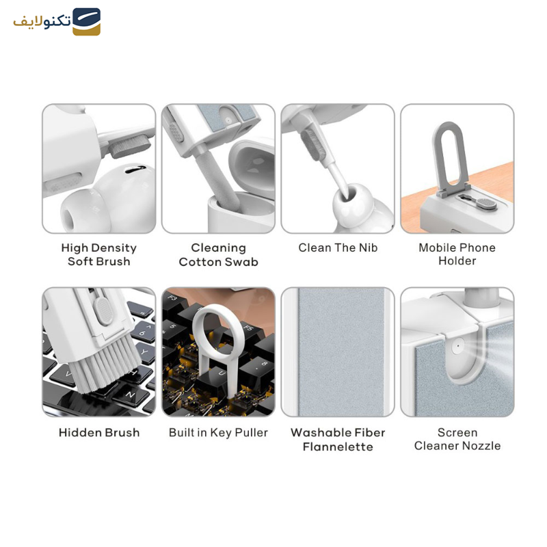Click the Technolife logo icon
click(87, 22)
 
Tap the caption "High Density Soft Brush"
click(98, 254)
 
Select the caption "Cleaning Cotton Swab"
click(218, 254)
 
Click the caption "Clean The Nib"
click(338, 248)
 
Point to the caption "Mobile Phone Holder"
click(457, 254)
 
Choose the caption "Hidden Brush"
click(99, 433)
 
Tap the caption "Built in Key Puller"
click(218, 433)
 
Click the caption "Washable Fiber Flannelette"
click(338, 440)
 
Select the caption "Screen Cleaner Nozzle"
click(457, 439)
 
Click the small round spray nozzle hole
click(457, 347)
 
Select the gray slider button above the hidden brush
click(103, 310)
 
